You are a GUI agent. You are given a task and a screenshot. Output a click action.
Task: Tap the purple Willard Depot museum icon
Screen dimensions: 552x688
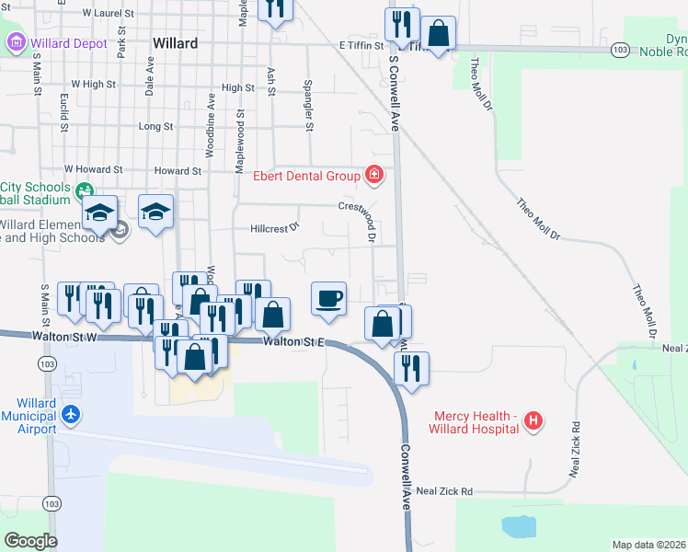[x=16, y=42]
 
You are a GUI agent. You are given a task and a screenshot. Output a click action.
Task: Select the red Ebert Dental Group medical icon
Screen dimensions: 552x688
[x=373, y=174]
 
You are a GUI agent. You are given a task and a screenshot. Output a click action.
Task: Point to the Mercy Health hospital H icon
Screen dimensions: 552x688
[x=532, y=422]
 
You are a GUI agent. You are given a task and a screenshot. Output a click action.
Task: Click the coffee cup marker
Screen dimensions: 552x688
[x=329, y=299]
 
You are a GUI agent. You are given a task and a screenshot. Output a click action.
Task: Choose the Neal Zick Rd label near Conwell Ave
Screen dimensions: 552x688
[x=443, y=492]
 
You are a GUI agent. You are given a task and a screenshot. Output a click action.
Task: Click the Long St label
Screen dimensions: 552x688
[x=155, y=126]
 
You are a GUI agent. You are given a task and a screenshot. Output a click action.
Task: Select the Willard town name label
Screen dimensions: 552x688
[x=175, y=43]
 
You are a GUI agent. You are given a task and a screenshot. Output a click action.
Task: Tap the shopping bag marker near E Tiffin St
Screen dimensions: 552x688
[x=441, y=34]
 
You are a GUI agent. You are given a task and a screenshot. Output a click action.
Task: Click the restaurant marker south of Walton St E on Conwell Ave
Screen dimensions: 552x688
[x=411, y=369]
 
